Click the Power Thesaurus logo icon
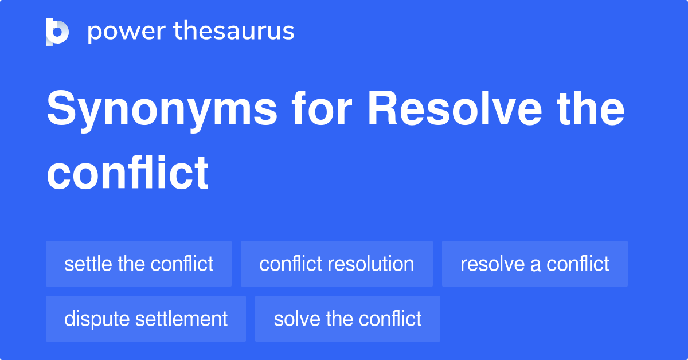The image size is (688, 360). [57, 32]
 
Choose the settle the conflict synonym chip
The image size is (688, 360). [139, 264]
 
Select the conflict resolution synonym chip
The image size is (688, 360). [337, 264]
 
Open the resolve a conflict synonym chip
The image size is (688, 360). [534, 264]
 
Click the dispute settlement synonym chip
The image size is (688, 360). [146, 319]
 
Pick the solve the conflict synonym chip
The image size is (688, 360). [347, 319]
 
